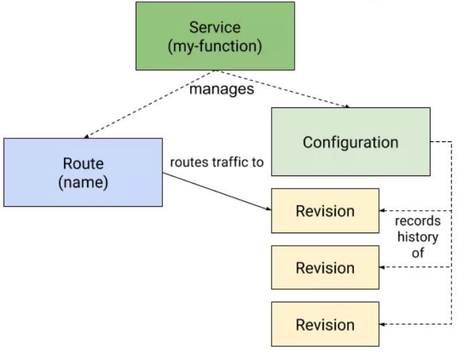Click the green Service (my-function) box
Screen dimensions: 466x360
215,36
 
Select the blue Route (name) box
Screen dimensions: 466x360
83,172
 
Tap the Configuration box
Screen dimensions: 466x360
350,141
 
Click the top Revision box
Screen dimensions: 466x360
325,210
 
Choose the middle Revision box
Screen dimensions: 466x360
325,267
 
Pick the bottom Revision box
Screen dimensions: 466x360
325,324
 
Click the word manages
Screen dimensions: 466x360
222,89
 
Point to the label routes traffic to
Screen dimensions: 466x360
217,162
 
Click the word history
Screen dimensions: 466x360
418,237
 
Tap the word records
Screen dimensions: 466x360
417,221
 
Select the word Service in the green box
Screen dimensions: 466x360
215,27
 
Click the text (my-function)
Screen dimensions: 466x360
215,47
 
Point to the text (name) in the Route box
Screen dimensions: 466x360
83,182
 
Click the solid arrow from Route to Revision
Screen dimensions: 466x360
217,191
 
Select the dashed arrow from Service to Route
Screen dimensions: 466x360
150,104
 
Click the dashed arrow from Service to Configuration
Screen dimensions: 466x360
283,89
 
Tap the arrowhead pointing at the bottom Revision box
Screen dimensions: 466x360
382,324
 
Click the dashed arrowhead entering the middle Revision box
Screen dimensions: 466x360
382,267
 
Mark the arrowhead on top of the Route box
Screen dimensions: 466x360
86,136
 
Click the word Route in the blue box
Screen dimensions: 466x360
83,164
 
